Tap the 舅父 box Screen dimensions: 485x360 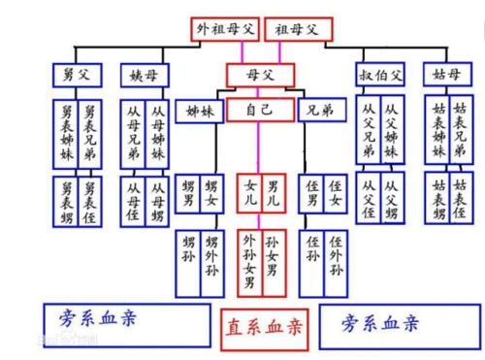pyautogui.click(x=76, y=75)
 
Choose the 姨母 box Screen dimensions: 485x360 pyautogui.click(x=144, y=75)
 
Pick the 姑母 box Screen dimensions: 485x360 pyautogui.click(x=447, y=75)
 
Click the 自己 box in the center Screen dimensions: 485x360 pyautogui.click(x=261, y=109)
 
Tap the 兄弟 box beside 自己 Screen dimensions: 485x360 pyautogui.click(x=322, y=110)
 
